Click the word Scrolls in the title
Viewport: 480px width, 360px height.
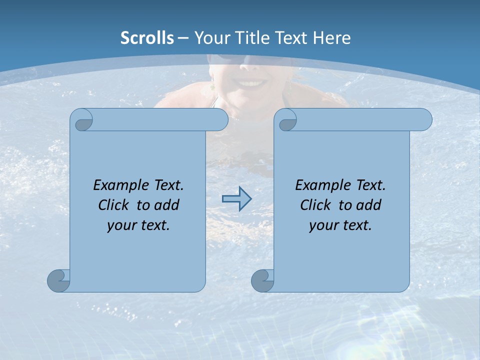[147, 38]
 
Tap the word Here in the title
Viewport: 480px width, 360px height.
[331, 38]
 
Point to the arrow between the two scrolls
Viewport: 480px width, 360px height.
[236, 198]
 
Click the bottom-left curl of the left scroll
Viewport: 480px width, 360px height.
[58, 280]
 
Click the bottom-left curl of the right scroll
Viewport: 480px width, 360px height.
[262, 280]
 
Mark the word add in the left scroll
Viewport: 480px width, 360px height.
[166, 205]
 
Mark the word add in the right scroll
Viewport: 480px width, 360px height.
[368, 205]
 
